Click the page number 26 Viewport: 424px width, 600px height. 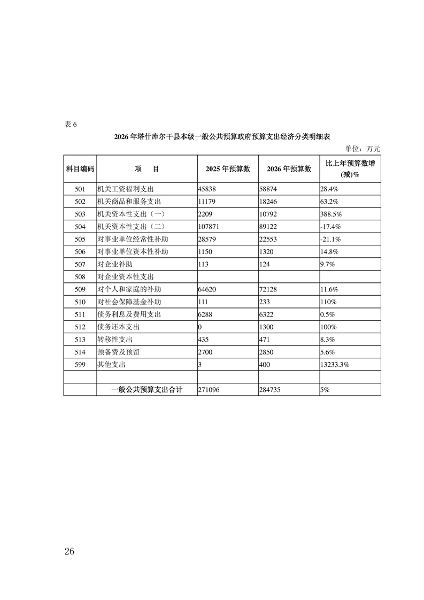(x=69, y=551)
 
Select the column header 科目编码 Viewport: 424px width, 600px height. (x=80, y=168)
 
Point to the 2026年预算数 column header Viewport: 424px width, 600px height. (x=289, y=168)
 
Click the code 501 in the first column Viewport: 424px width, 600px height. (x=80, y=189)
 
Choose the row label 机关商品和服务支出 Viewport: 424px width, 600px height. (x=129, y=202)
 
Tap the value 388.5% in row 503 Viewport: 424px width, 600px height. (x=331, y=214)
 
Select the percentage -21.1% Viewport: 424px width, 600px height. (x=330, y=239)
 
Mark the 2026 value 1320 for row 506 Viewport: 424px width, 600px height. (x=267, y=251)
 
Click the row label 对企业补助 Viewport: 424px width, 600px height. (x=114, y=264)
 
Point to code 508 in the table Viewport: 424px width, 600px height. (x=80, y=276)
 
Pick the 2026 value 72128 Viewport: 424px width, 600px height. (x=269, y=289)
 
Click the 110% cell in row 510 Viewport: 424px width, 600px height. (x=328, y=302)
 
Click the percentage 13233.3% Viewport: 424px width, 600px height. (x=335, y=364)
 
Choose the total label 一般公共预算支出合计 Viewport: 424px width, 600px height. (x=147, y=390)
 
